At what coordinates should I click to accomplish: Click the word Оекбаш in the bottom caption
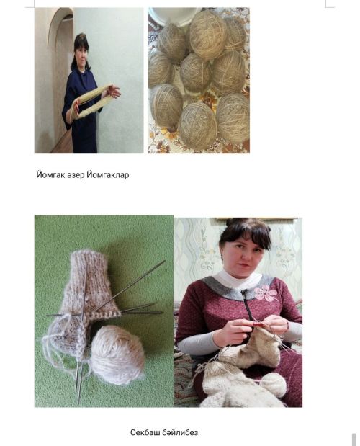tap(145, 432)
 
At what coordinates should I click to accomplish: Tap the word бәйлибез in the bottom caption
tap(180, 432)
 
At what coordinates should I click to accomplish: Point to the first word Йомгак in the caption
tap(50, 174)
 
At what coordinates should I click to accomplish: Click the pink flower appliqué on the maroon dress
tap(266, 294)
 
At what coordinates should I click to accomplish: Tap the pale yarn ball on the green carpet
tap(117, 354)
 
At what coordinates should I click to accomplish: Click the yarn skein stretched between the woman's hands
tap(91, 102)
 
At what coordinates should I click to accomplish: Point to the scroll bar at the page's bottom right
tap(354, 440)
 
